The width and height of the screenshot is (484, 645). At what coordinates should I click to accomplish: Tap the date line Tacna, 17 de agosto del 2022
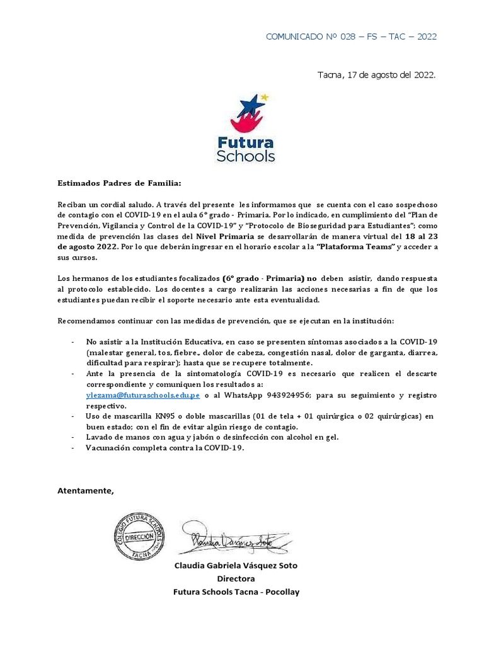pyautogui.click(x=376, y=75)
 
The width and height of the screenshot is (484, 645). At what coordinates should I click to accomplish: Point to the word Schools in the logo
pyautogui.click(x=245, y=155)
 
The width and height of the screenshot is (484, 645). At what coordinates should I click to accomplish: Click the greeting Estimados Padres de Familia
pyautogui.click(x=119, y=183)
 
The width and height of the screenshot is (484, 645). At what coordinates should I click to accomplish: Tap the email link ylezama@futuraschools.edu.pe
pyautogui.click(x=143, y=395)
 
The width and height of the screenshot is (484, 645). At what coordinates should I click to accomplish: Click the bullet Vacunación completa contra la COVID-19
pyautogui.click(x=164, y=448)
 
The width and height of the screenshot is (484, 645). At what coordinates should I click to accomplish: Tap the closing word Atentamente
pyautogui.click(x=86, y=491)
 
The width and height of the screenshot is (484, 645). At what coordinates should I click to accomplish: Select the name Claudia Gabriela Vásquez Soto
pyautogui.click(x=236, y=566)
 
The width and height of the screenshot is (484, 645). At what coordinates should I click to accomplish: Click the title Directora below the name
pyautogui.click(x=236, y=579)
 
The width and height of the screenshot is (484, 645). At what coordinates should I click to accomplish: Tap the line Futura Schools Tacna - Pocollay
pyautogui.click(x=236, y=591)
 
